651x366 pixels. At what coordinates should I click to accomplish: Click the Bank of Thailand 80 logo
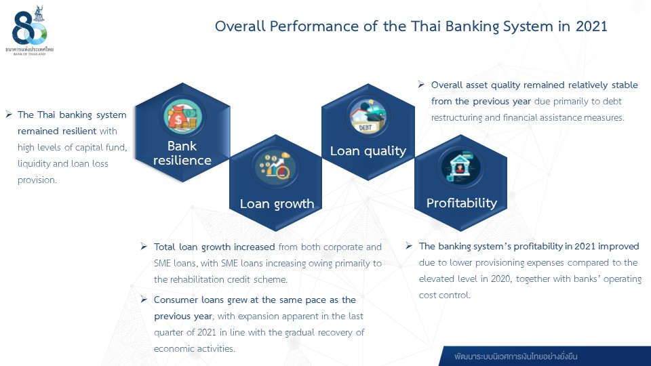(x=29, y=30)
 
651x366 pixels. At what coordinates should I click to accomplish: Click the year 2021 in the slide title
(x=591, y=26)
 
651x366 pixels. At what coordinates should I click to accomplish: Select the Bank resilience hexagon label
(x=182, y=153)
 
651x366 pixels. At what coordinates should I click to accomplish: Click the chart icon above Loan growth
(x=275, y=167)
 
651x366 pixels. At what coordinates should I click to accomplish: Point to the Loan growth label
(x=277, y=204)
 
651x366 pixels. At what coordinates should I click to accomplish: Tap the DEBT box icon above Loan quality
(x=368, y=116)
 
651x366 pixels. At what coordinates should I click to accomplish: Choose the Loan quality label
(x=368, y=151)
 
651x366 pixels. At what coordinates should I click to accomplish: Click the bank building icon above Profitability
(x=460, y=167)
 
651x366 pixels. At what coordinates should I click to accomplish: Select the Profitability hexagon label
(x=461, y=203)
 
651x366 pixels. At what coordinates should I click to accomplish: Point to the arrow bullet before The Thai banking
(x=9, y=114)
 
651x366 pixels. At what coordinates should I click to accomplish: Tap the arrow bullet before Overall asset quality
(x=421, y=84)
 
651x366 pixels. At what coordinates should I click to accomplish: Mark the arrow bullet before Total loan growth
(x=144, y=247)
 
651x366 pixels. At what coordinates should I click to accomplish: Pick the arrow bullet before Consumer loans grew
(x=144, y=299)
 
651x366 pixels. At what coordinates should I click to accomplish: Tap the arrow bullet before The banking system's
(x=409, y=245)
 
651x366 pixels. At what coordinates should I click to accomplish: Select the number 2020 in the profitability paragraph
(x=500, y=279)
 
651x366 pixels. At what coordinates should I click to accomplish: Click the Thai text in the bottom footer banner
(x=515, y=357)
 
